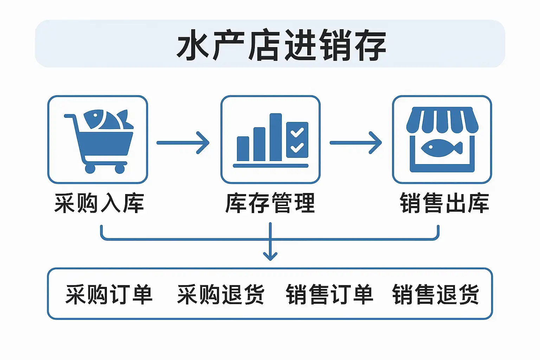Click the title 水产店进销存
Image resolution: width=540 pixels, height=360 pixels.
coord(281,45)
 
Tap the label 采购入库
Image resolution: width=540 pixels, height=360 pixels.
coord(99,203)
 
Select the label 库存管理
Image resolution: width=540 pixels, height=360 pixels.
coord(270,203)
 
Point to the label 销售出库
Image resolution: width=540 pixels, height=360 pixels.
coord(444,203)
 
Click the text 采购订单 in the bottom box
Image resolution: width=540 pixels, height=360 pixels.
coord(109,294)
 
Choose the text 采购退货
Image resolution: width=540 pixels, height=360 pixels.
coord(221,294)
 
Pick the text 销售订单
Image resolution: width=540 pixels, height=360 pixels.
coord(329,294)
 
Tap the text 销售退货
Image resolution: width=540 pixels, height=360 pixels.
coord(436,294)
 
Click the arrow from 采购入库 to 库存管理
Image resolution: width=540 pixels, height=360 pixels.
coord(183,143)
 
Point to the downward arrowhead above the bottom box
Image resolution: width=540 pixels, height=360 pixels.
coord(270,256)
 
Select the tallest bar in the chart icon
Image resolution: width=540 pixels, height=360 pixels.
coord(276,137)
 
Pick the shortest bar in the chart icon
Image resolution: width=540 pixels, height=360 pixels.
coord(243,149)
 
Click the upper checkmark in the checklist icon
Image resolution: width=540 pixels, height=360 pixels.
coord(297,132)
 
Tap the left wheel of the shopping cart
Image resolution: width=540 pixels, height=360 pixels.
coord(90,169)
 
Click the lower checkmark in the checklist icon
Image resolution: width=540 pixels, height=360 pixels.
coord(297,147)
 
